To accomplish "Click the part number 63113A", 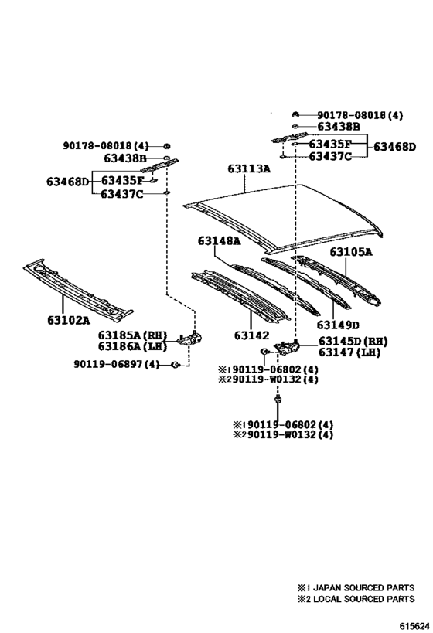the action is (249, 168).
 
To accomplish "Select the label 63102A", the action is (68, 320).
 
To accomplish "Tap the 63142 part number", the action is (251, 335).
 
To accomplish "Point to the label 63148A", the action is (219, 240).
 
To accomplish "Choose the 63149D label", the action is (338, 325).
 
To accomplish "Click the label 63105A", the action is (351, 252).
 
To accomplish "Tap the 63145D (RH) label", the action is (353, 342).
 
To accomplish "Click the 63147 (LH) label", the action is (349, 352).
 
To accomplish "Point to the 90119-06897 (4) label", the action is (117, 364).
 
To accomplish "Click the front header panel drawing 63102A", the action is (78, 290).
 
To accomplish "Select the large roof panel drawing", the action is (283, 219).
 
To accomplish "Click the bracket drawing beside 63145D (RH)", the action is (287, 348).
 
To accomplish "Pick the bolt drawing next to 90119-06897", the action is (176, 365).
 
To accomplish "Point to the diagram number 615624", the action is (414, 626).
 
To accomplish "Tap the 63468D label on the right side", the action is (394, 147).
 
